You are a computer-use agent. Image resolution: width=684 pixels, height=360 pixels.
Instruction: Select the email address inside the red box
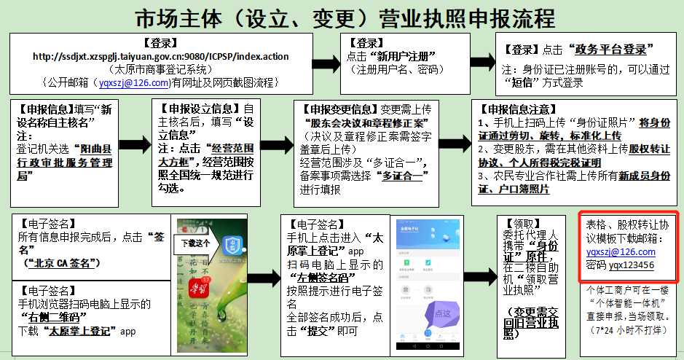tap(620, 251)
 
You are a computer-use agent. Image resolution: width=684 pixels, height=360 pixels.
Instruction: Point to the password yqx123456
tap(631, 265)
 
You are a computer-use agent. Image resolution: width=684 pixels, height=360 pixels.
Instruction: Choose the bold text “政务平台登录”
tap(613, 50)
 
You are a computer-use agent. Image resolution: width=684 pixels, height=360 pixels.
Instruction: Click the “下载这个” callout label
tap(194, 243)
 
